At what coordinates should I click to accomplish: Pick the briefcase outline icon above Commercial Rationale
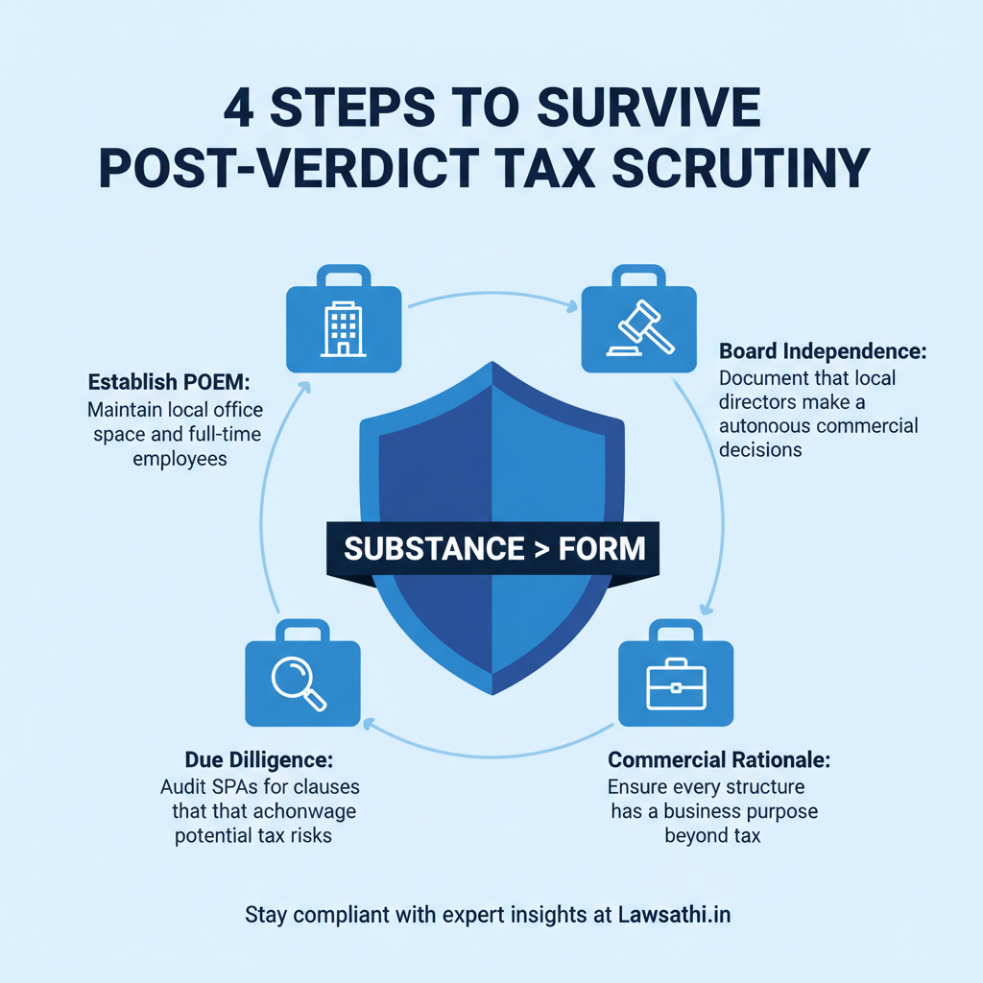[x=676, y=683]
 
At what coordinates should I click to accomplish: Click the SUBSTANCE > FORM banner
[x=493, y=548]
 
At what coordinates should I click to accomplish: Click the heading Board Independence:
[x=823, y=352]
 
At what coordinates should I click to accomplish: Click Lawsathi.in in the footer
[x=676, y=914]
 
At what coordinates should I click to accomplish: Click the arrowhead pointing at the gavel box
[x=573, y=308]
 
